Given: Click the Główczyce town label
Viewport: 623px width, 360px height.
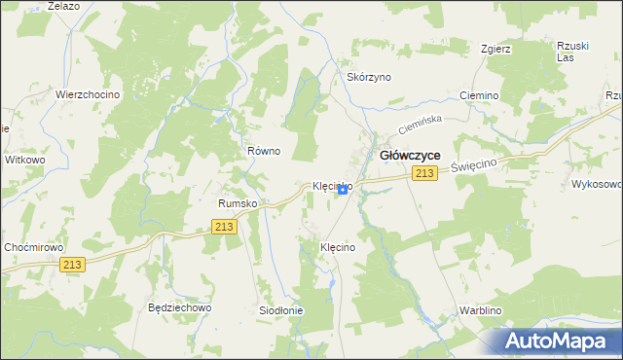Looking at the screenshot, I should pos(409,155).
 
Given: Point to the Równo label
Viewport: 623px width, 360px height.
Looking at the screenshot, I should pos(263,151).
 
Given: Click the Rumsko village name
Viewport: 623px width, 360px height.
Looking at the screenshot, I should pos(237,203).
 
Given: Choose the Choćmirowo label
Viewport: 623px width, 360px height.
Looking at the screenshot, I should pos(33,247).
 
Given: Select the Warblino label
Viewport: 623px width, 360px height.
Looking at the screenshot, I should pos(479,311).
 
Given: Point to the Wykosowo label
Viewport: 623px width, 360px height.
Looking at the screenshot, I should pos(596,183).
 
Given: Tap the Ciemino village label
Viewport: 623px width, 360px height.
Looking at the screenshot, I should pos(479,95).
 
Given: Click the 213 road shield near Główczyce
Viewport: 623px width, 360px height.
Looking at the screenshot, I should pos(422,173).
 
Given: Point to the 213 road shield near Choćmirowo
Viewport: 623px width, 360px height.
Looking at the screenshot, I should pos(72,265).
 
